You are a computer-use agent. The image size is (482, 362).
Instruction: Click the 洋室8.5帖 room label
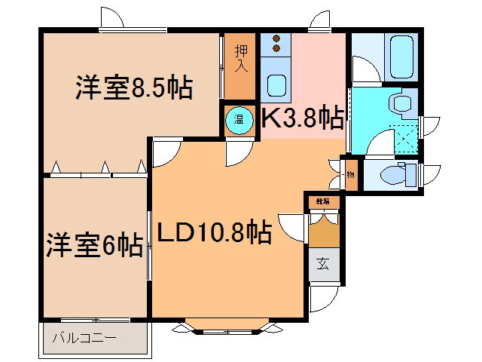click(x=133, y=89)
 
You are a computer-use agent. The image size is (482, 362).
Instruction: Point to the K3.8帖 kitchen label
click(x=302, y=118)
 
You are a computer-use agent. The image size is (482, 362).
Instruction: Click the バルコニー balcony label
click(x=84, y=338)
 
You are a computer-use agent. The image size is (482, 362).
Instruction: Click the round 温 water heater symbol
click(x=239, y=119)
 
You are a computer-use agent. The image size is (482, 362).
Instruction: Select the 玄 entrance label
click(x=323, y=264)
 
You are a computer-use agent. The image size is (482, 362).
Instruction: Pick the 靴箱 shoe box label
click(x=323, y=201)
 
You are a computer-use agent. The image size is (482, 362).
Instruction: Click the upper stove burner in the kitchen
click(x=276, y=38)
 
